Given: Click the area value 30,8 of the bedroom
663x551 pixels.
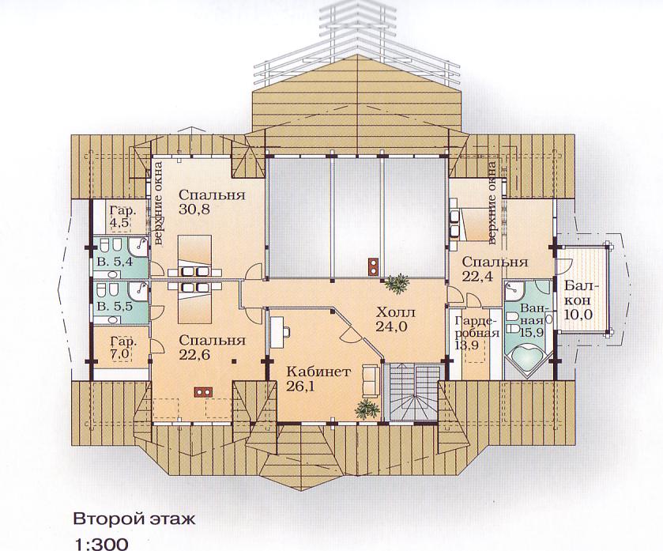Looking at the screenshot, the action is pyautogui.click(x=194, y=209).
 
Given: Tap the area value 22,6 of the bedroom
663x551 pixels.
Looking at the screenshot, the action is pyautogui.click(x=194, y=355).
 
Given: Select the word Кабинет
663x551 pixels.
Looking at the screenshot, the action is pyautogui.click(x=318, y=372).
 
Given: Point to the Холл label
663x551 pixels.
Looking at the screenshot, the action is pyautogui.click(x=396, y=312).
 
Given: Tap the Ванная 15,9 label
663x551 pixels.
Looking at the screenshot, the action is pyautogui.click(x=532, y=319).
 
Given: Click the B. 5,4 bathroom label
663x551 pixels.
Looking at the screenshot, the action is pyautogui.click(x=115, y=262).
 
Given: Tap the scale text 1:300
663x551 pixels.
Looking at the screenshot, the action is pyautogui.click(x=100, y=544).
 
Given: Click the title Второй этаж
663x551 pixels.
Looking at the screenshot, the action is pyautogui.click(x=134, y=519).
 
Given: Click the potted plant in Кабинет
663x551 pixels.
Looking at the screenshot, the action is pyautogui.click(x=367, y=409).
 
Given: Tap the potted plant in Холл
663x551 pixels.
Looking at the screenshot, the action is pyautogui.click(x=397, y=283).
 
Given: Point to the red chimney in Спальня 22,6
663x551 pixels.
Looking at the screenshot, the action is pyautogui.click(x=204, y=392).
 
